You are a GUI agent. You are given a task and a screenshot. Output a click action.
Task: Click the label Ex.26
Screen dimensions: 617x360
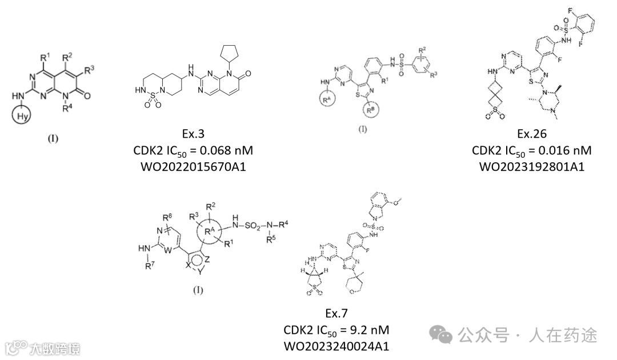(532, 134)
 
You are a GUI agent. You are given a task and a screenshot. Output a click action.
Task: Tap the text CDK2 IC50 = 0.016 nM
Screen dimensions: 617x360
(532, 151)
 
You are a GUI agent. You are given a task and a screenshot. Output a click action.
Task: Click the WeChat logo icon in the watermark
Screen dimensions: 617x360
(444, 334)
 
